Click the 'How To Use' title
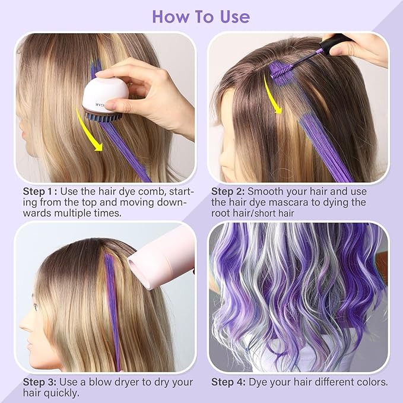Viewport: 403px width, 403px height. [201, 17]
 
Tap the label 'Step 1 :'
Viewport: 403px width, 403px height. [40, 192]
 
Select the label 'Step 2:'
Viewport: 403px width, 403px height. [228, 192]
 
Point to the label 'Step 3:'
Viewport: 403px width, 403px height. [39, 382]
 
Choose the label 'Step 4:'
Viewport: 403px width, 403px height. [229, 382]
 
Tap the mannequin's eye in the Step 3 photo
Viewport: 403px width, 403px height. [35, 307]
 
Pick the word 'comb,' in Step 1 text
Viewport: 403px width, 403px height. [153, 192]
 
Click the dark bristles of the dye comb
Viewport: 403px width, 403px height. [104, 117]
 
